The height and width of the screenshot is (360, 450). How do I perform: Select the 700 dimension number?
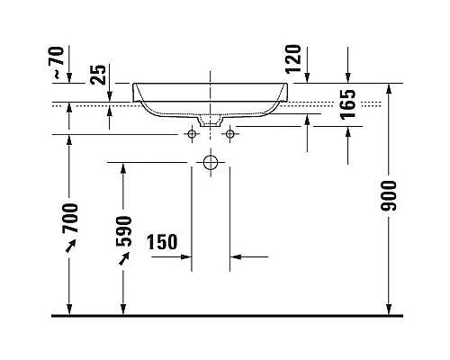(71, 219)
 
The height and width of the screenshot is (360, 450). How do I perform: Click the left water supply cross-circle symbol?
(191, 134)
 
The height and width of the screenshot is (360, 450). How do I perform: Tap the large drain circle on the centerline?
(211, 163)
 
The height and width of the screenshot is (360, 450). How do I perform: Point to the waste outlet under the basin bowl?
(211, 118)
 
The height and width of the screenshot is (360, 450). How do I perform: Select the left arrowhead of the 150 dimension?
(185, 257)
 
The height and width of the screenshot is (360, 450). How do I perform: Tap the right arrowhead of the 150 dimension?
(236, 257)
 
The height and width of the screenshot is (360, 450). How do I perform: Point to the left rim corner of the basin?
(135, 85)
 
